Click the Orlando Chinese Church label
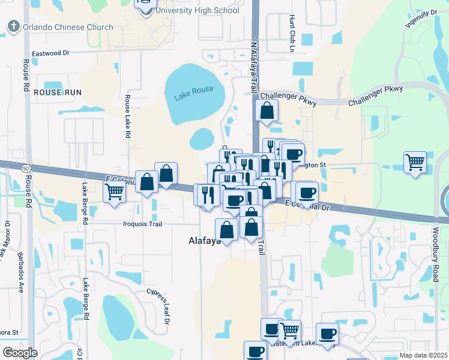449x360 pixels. (67, 27)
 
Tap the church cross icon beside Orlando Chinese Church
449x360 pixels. (13, 26)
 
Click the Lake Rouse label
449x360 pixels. (194, 90)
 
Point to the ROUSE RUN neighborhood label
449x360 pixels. (57, 92)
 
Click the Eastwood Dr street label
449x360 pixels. (55, 53)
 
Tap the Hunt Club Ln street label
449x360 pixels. (292, 32)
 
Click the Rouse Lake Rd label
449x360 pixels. (128, 116)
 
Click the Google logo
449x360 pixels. (19, 352)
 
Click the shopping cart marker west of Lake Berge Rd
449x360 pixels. (114, 192)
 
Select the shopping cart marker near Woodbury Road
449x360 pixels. (415, 161)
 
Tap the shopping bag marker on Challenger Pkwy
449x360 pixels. (267, 111)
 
